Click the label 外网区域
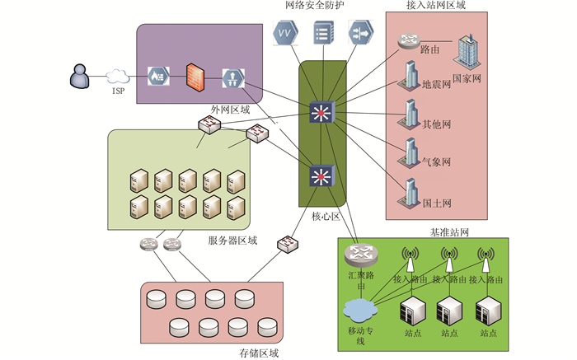(230, 108)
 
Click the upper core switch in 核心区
(320, 112)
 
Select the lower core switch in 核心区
(320, 175)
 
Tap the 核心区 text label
(326, 216)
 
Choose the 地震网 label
(437, 84)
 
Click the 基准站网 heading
(450, 232)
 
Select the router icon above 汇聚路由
(359, 254)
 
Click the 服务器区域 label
(232, 241)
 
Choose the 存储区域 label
(259, 353)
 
